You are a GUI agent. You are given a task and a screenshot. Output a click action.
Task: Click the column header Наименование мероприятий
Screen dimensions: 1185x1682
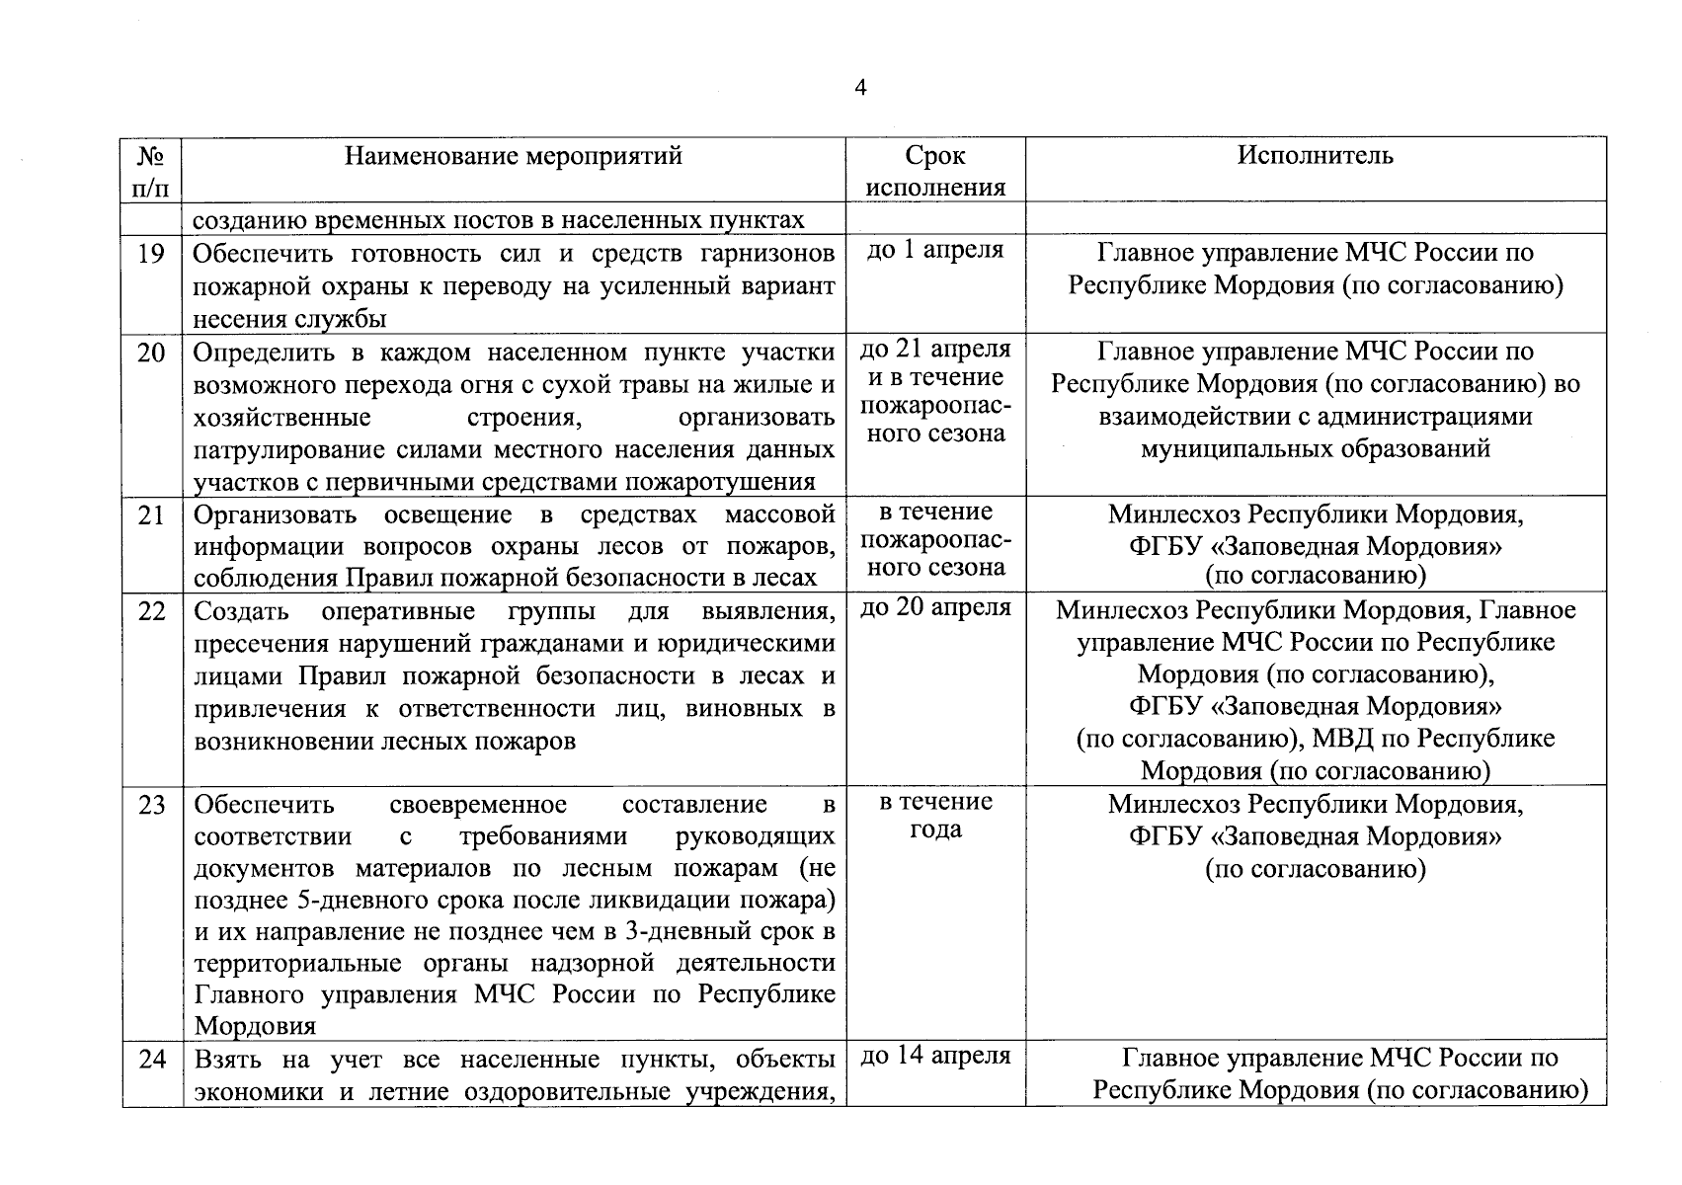pyautogui.click(x=513, y=156)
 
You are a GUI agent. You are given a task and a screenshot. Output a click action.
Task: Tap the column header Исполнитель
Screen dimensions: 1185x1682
pyautogui.click(x=1315, y=155)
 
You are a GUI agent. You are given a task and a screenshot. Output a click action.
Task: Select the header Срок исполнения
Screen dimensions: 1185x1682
pyautogui.click(x=934, y=171)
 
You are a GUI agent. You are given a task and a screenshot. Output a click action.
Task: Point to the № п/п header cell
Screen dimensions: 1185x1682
pyautogui.click(x=151, y=171)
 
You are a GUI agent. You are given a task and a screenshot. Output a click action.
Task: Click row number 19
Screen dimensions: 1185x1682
pyautogui.click(x=151, y=254)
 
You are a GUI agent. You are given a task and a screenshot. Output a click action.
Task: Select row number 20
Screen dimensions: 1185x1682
pyautogui.click(x=151, y=353)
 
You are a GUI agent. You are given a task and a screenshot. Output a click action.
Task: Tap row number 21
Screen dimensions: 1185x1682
pyautogui.click(x=151, y=514)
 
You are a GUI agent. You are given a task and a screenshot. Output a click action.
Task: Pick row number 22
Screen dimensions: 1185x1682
pyautogui.click(x=151, y=611)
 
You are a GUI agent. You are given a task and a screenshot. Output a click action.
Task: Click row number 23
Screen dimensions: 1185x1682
pyautogui.click(x=151, y=805)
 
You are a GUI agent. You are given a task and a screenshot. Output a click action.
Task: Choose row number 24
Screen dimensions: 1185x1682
pyautogui.click(x=151, y=1060)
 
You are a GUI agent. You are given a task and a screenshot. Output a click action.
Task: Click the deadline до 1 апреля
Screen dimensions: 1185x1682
pyautogui.click(x=934, y=251)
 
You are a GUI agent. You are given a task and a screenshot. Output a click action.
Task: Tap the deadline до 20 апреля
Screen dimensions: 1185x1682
pyautogui.click(x=934, y=608)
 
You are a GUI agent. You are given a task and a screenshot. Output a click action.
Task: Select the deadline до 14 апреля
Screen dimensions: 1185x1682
pyautogui.click(x=934, y=1057)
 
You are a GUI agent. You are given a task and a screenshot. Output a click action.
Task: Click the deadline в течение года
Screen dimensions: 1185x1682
pyautogui.click(x=934, y=816)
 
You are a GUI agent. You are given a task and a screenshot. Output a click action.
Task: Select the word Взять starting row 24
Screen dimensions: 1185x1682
pyautogui.click(x=228, y=1060)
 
